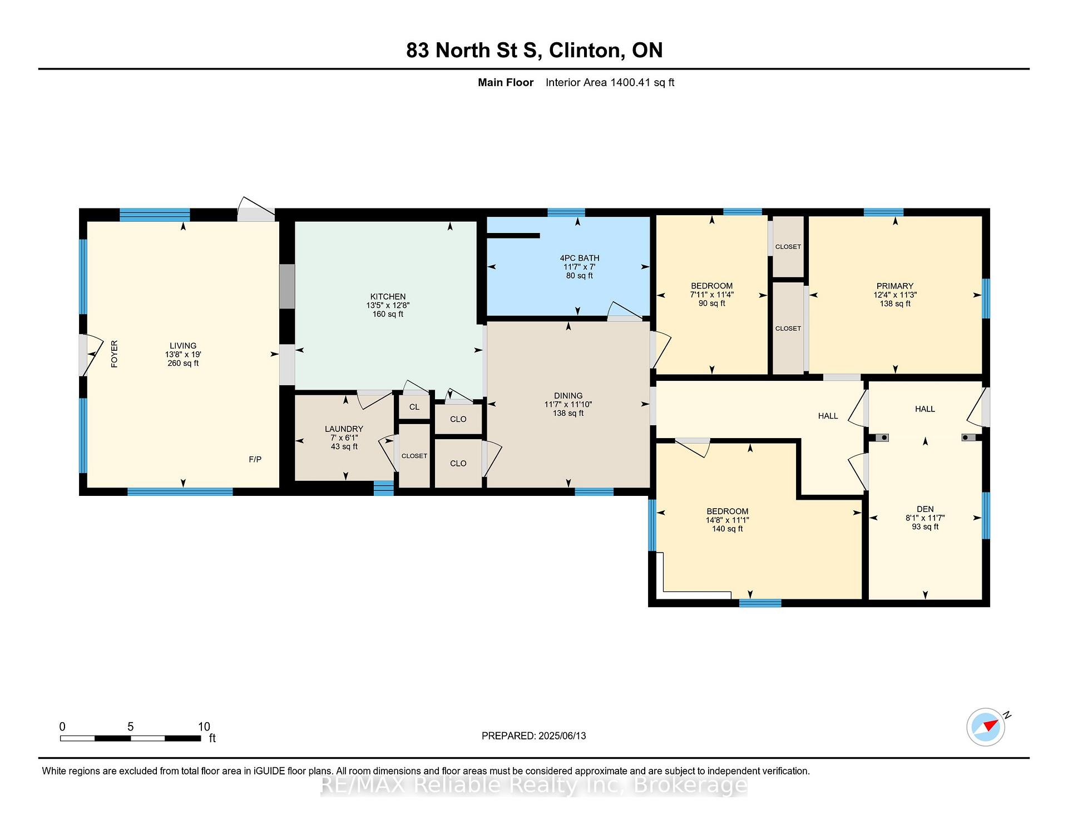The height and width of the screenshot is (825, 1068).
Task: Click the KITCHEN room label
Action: point(388,296)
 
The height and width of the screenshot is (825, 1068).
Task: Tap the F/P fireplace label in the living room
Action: point(255,459)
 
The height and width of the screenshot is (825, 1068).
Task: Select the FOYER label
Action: point(114,354)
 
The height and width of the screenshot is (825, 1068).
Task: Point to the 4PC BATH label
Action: point(579,258)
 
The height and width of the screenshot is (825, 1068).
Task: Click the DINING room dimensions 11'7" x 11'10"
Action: point(568,405)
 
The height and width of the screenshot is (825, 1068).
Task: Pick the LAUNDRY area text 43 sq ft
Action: point(344,446)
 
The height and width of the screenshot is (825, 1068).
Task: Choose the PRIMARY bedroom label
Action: point(894,286)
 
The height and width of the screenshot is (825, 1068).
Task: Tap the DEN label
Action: point(925,509)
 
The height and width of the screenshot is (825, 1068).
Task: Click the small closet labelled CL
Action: point(414,407)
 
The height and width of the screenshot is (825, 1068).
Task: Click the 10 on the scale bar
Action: point(204,727)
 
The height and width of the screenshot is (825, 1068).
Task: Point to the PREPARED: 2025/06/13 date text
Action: point(533,735)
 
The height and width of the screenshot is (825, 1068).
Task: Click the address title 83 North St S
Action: point(472,50)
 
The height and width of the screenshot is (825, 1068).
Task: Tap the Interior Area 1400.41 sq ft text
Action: point(610,82)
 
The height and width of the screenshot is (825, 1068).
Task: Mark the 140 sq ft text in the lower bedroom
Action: point(727,529)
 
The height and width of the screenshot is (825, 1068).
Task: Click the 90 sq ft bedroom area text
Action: point(711,304)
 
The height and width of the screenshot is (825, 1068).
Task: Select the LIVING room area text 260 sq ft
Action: point(183,363)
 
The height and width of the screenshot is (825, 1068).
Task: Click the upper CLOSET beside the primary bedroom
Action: point(788,246)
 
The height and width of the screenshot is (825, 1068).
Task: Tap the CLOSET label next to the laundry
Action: point(414,456)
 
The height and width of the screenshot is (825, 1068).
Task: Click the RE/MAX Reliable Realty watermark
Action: point(534,785)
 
